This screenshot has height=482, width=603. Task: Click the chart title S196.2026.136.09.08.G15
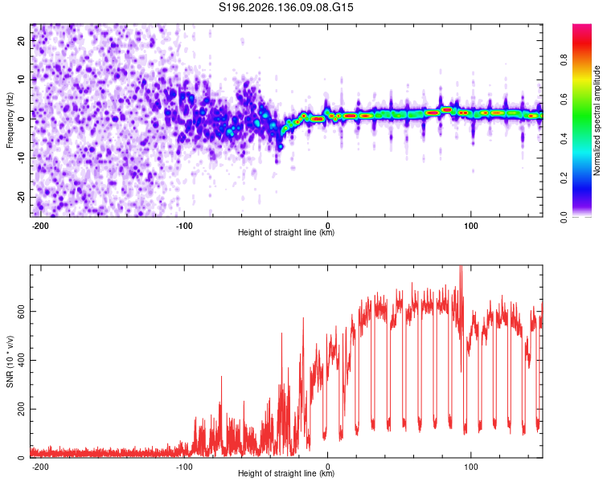(x=285, y=7)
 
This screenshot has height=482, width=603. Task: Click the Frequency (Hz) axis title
(x=10, y=120)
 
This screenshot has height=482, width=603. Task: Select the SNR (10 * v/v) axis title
(x=10, y=361)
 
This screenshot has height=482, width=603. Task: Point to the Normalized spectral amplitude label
(x=597, y=120)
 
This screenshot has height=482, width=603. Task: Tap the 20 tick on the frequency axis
(x=22, y=40)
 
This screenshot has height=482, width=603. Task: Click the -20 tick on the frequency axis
(x=22, y=197)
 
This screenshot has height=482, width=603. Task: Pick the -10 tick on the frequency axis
(x=22, y=158)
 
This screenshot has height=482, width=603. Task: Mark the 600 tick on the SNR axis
(x=22, y=311)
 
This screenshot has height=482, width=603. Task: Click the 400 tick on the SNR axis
(x=22, y=360)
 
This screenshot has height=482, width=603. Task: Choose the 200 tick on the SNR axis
(x=22, y=409)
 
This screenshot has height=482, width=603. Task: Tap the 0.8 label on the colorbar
(x=564, y=60)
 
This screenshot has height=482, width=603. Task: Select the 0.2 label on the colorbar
(x=564, y=178)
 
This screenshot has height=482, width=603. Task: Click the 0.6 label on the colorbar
(x=564, y=99)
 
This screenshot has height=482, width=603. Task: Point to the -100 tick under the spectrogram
(x=184, y=226)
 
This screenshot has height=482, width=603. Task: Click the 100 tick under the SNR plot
(x=470, y=467)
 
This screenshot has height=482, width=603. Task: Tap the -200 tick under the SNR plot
(x=40, y=467)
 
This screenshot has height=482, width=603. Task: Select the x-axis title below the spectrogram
(x=286, y=232)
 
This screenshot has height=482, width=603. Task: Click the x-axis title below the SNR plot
(x=286, y=473)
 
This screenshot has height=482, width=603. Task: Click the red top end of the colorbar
(x=582, y=26)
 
